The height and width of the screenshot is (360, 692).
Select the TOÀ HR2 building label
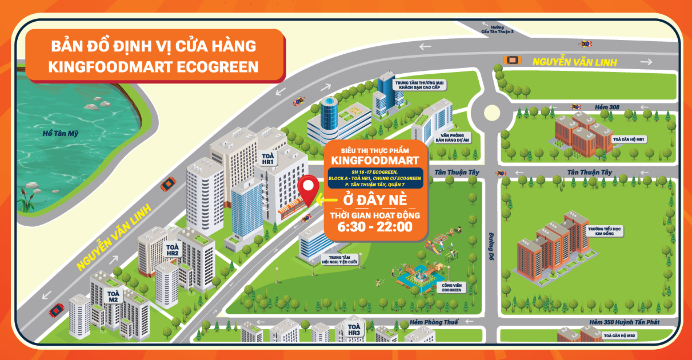click(x=173, y=250)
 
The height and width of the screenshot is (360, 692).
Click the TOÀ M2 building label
click(x=113, y=297)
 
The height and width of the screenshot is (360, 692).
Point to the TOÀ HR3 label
click(x=354, y=330)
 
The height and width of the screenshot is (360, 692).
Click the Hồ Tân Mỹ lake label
click(x=61, y=133)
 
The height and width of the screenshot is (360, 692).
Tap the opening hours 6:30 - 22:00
click(x=374, y=226)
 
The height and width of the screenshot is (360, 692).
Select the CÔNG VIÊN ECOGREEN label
click(x=451, y=287)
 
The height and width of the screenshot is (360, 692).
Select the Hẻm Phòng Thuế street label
click(x=434, y=322)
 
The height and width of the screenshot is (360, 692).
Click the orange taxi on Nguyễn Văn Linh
click(x=512, y=59)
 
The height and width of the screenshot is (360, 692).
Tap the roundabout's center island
click(x=492, y=113)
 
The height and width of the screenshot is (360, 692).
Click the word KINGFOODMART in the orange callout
click(x=375, y=159)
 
